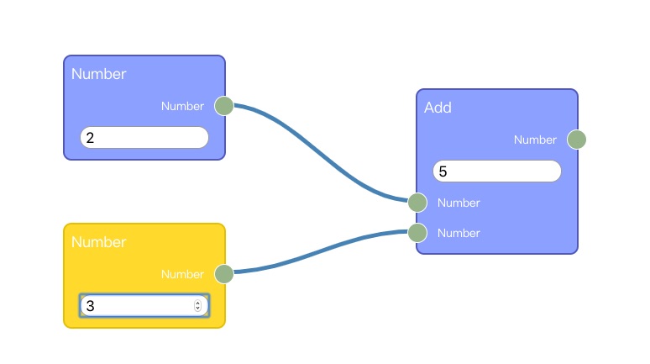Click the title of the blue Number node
98,74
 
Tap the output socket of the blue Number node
223,106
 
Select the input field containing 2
144,138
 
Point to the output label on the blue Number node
182,106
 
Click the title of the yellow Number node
98,242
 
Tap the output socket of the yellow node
223,274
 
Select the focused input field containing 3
139,306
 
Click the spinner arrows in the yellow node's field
198,306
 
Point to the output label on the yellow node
182,274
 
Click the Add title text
438,108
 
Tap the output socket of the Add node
576,140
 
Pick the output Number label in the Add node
535,140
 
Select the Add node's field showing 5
497,171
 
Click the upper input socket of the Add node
417,203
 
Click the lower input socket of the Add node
417,233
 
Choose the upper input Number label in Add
459,203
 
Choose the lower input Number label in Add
459,233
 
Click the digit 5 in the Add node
443,171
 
